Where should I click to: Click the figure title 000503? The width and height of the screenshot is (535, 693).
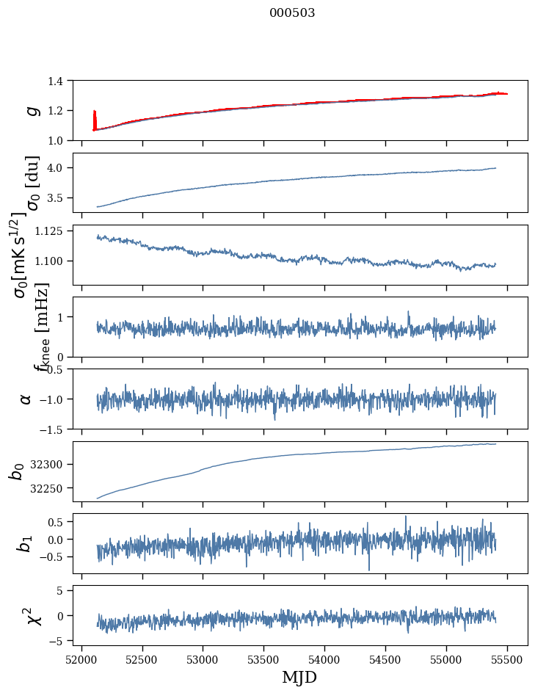pos(292,12)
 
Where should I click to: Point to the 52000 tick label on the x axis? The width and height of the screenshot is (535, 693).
pos(81,658)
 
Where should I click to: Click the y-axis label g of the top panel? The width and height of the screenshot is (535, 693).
pos(31,110)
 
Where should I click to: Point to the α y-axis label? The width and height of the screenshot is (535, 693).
pos(26,399)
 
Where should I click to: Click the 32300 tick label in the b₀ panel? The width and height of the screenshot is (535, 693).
pos(51,465)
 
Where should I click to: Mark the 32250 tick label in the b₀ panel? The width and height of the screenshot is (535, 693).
pos(51,488)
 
